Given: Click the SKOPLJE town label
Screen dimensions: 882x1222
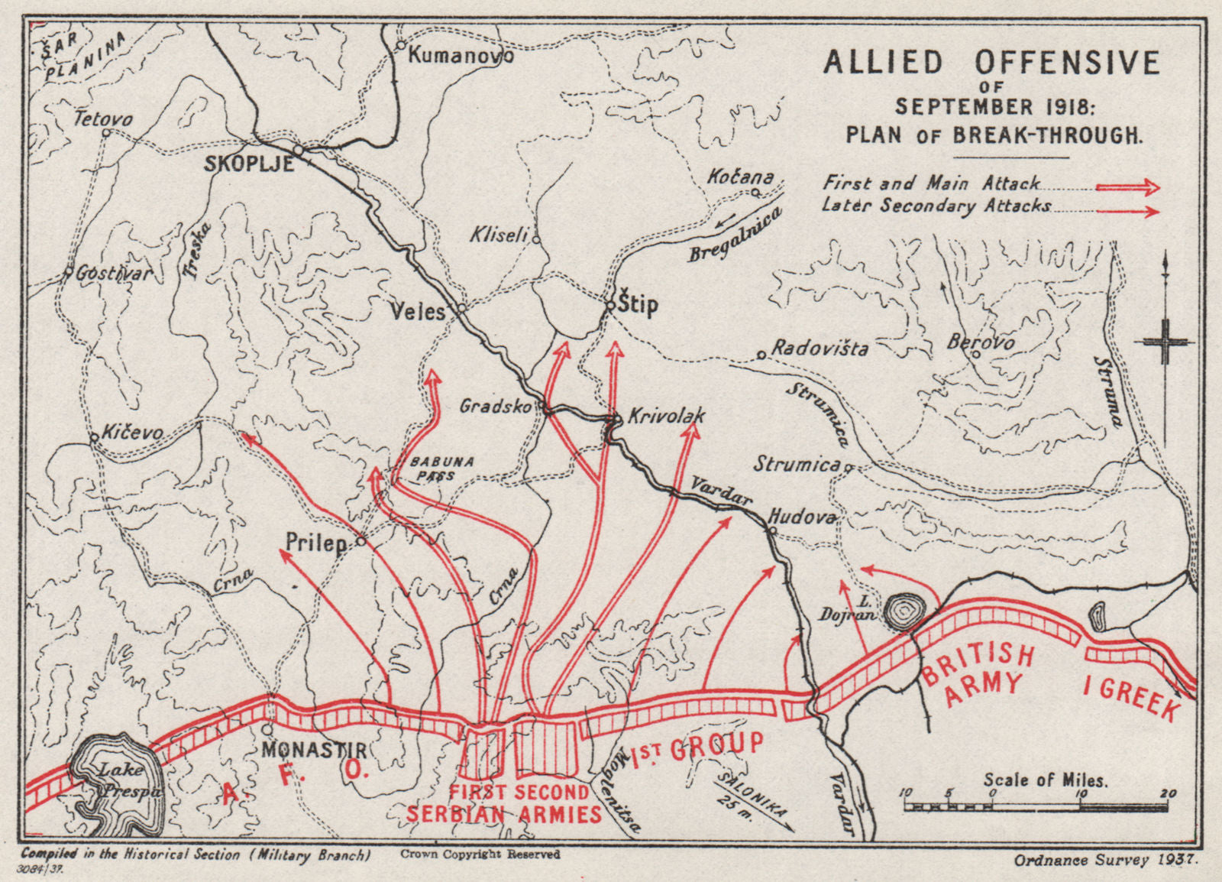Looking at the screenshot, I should coord(248,164).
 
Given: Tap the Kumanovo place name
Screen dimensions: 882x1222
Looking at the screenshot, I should coord(461,55).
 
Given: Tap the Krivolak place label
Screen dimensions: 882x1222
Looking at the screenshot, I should coord(665,417).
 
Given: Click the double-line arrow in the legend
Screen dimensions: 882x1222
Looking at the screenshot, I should coord(1127,187).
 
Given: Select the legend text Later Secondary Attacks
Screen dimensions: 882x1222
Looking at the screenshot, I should coord(936,206).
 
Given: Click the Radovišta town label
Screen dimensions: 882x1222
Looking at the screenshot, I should coord(820,349).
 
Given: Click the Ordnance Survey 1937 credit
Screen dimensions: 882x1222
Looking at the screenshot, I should coord(1106,860).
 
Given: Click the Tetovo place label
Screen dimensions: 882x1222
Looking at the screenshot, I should coord(103,119).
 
